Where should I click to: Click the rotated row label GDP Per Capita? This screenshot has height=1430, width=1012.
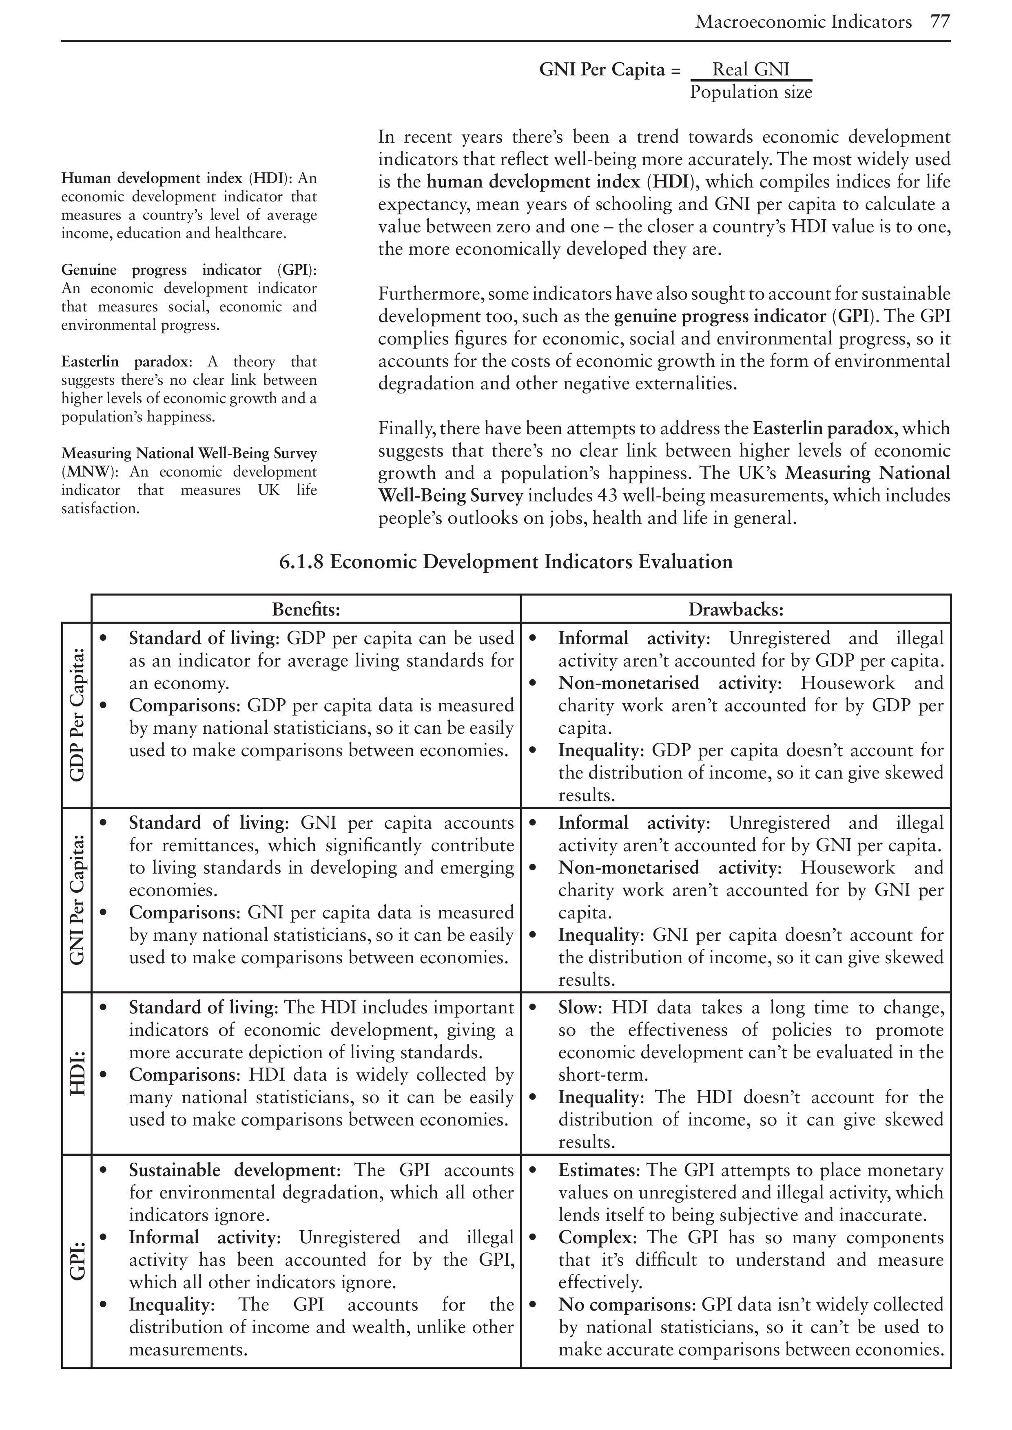pos(77,714)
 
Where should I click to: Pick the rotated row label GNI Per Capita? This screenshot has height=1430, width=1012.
pos(77,899)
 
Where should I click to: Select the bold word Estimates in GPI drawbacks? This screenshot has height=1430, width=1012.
pos(598,1170)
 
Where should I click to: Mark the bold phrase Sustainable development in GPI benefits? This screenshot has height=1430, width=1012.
pos(232,1170)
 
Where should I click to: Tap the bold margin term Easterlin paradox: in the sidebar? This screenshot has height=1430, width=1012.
pos(126,362)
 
